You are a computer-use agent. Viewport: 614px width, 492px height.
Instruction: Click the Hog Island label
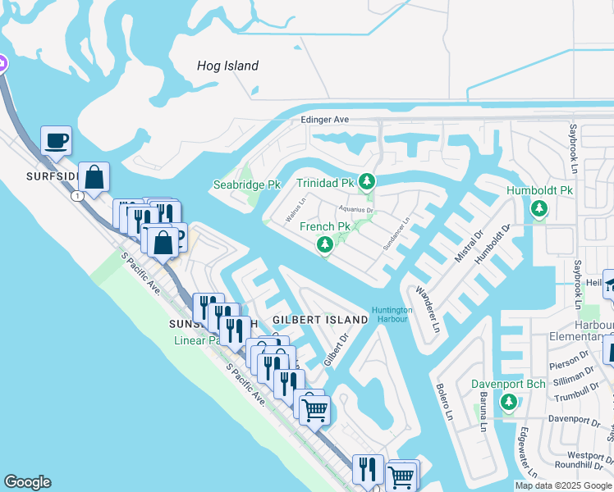pyautogui.click(x=227, y=66)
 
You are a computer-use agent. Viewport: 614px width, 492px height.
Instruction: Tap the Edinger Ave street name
pyautogui.click(x=325, y=120)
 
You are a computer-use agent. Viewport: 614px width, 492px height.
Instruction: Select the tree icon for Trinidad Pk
pyautogui.click(x=369, y=181)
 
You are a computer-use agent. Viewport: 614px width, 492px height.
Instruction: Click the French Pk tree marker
pyautogui.click(x=325, y=244)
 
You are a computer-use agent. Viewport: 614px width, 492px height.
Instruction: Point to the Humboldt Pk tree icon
pyautogui.click(x=538, y=208)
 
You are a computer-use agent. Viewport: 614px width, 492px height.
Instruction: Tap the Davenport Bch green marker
pyautogui.click(x=509, y=402)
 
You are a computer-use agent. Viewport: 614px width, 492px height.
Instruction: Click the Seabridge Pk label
pyautogui.click(x=247, y=185)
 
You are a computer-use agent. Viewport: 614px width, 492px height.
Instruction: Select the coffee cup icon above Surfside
pyautogui.click(x=56, y=140)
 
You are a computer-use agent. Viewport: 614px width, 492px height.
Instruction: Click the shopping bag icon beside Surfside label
pyautogui.click(x=94, y=177)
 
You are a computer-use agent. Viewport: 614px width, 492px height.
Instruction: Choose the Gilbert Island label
pyautogui.click(x=320, y=319)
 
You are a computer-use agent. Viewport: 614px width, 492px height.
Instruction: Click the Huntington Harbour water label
pyautogui.click(x=392, y=315)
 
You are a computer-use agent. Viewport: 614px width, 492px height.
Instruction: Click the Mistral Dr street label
pyautogui.click(x=468, y=246)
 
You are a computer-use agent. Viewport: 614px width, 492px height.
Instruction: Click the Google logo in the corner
pyautogui.click(x=27, y=482)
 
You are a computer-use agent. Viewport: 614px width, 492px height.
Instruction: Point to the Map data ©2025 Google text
pyautogui.click(x=563, y=485)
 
